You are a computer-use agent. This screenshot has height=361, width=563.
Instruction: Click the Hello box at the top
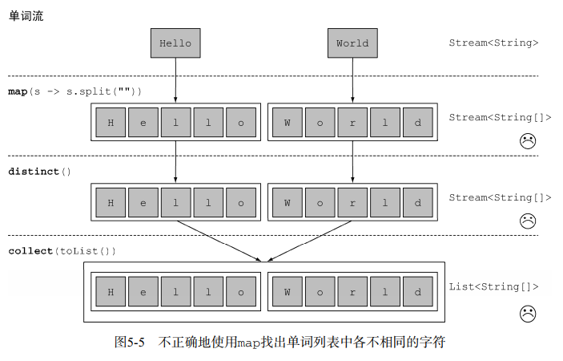point(175,43)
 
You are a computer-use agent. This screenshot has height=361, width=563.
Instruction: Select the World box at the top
point(352,43)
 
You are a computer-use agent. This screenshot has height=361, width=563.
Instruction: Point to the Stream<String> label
point(493,43)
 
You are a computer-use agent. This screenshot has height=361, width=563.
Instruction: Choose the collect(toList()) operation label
point(62,251)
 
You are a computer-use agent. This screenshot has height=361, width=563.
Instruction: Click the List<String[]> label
point(493,286)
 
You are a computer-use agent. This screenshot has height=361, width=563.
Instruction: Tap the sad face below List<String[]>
point(527,314)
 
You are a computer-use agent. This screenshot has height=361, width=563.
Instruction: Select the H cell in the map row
point(111,124)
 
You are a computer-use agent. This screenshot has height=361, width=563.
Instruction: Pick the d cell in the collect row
point(417,292)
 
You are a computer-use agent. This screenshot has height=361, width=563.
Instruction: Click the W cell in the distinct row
point(287,203)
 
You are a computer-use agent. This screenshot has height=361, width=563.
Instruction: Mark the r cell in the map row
point(352,124)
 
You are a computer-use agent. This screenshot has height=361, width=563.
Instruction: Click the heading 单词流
point(26,16)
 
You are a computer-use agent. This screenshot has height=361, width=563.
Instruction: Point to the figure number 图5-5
point(130,343)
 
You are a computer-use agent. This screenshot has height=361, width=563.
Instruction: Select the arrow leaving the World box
point(352,80)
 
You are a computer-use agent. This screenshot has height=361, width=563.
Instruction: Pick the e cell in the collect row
point(143,292)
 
